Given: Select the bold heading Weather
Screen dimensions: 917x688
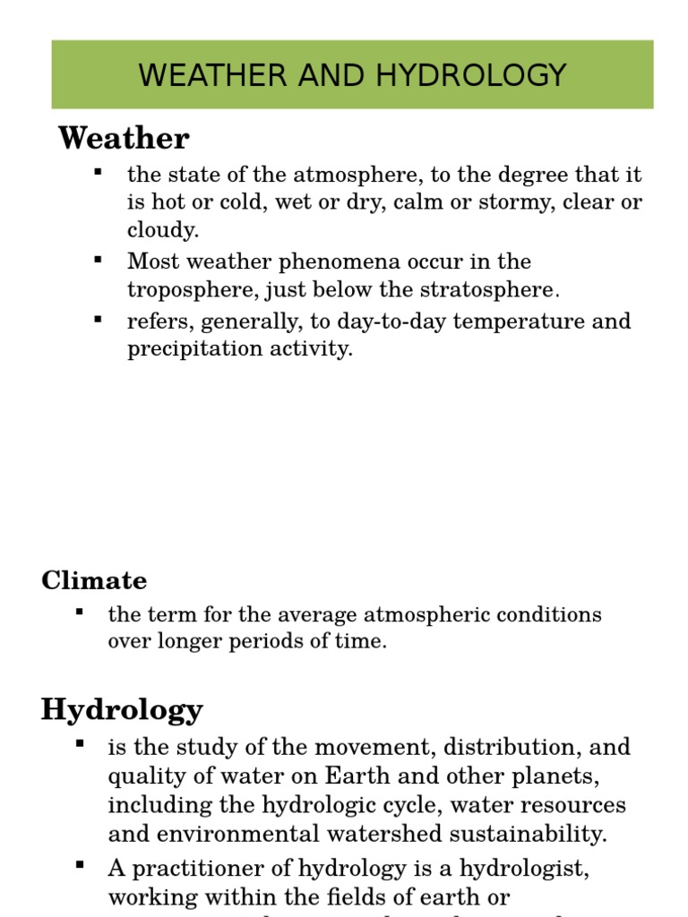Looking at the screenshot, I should pos(124,139).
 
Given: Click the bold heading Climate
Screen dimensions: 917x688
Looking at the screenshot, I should pos(94,580).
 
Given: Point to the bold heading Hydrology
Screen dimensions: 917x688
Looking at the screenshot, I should pos(122,709).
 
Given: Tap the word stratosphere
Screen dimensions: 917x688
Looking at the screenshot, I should pos(487,290).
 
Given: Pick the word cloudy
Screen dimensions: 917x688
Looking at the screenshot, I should pos(161,230).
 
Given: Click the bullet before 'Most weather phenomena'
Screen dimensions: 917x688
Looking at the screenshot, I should pos(98,260).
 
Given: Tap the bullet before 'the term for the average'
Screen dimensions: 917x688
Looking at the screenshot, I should pos(79,613).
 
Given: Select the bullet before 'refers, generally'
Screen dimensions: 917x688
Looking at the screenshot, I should pos(98,319).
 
